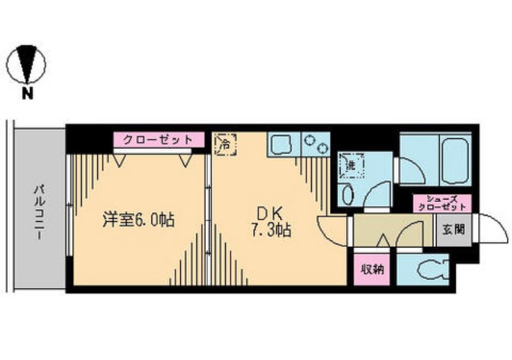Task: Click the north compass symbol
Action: pyautogui.click(x=27, y=64)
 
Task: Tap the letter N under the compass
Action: pyautogui.click(x=27, y=96)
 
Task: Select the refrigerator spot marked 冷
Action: pyautogui.click(x=224, y=143)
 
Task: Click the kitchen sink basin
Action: pyautogui.click(x=281, y=145)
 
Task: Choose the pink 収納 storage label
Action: pyautogui.click(x=370, y=269)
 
